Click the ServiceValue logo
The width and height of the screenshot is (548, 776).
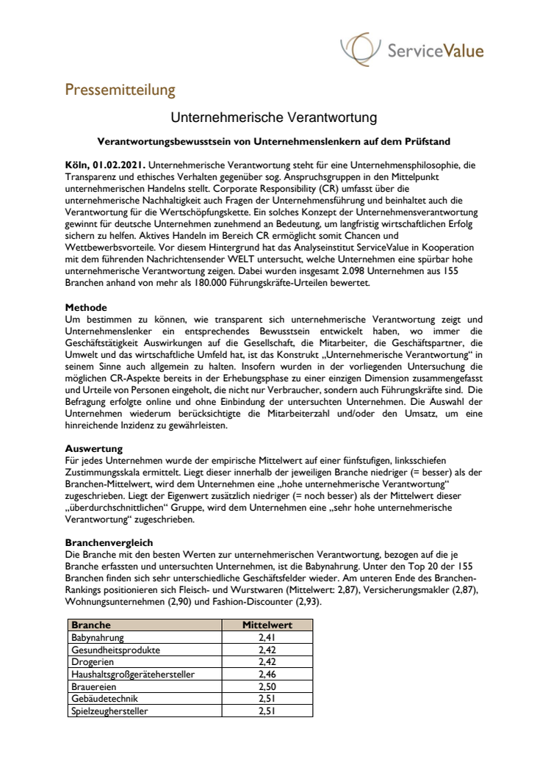[x=411, y=50]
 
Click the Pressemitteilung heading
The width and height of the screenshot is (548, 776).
[x=120, y=90]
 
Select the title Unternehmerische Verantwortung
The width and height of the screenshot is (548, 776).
[x=274, y=117]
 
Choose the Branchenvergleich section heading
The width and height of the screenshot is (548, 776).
[x=109, y=542]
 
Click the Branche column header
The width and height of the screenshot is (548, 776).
[x=91, y=625]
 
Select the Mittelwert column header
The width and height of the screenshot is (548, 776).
[x=267, y=625]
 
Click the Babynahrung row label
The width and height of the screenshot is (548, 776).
[x=98, y=637]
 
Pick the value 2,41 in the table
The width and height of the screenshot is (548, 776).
[x=267, y=637]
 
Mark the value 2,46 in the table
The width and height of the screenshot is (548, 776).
[x=267, y=674]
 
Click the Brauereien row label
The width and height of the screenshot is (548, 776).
[x=93, y=686]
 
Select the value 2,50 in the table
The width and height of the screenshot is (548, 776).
[x=267, y=686]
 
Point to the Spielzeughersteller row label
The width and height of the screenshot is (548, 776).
[x=109, y=711]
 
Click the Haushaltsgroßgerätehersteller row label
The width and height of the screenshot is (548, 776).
[x=135, y=674]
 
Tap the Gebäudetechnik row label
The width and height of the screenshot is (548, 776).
[x=104, y=698]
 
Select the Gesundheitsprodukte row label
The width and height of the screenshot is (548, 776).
[x=115, y=650]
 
